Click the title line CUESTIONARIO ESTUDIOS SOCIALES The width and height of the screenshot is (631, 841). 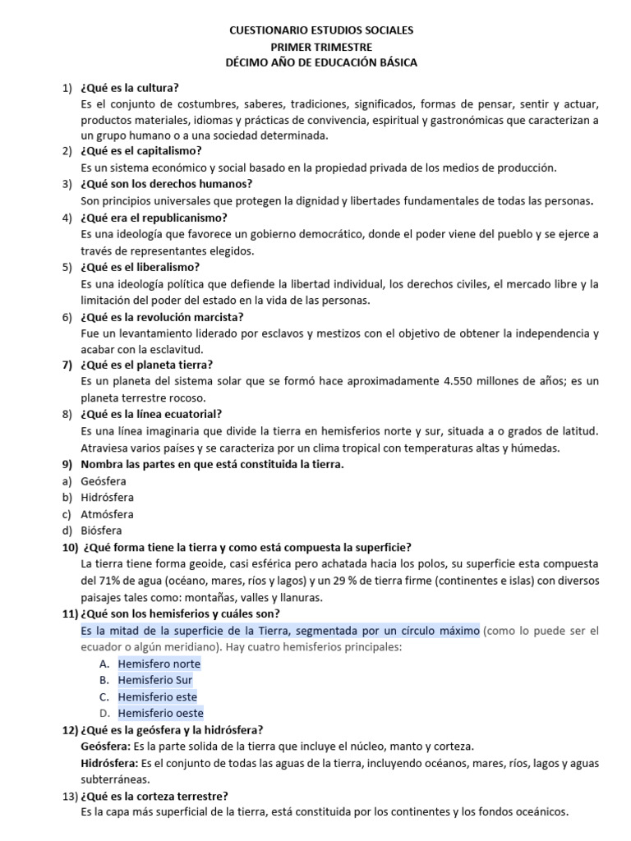(x=321, y=30)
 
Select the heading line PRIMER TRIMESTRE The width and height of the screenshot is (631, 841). (x=321, y=47)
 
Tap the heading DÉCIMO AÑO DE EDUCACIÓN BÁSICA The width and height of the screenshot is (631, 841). (x=321, y=62)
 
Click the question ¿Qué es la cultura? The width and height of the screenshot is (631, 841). (x=130, y=88)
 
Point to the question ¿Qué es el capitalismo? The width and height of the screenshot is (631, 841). (x=141, y=151)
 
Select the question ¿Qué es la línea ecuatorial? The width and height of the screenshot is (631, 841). (x=151, y=414)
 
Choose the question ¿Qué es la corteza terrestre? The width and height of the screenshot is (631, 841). (x=154, y=795)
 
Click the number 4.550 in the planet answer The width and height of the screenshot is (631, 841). (x=459, y=381)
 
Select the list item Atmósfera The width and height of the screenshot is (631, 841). (x=107, y=514)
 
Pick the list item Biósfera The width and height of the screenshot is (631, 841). (x=100, y=531)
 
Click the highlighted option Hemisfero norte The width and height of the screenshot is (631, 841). (x=159, y=664)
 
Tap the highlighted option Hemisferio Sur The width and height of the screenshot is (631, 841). (x=155, y=680)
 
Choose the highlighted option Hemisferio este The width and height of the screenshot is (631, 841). (x=158, y=696)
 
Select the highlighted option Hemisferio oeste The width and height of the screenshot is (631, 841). (x=160, y=713)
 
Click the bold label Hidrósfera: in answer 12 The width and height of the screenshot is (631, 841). (x=111, y=763)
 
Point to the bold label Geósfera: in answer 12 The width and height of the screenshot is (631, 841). (x=105, y=747)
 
